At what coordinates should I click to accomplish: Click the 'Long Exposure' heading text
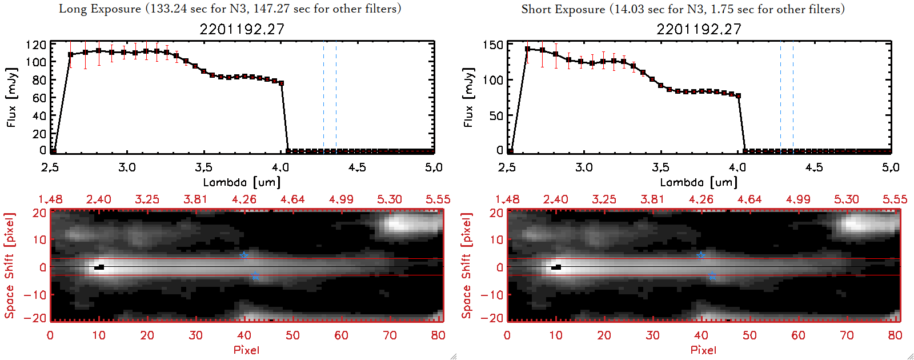(x=100, y=9)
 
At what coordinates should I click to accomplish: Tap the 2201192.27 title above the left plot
(x=242, y=29)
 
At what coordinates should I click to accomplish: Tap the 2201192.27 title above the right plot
(x=699, y=29)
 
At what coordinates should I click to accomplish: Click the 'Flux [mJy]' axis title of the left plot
(x=11, y=97)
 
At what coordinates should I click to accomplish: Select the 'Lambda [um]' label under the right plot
(x=699, y=182)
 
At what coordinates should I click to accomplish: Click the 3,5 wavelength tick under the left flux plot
(x=203, y=167)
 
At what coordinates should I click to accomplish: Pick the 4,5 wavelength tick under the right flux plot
(x=814, y=167)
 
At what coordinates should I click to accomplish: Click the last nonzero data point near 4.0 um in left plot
(x=281, y=83)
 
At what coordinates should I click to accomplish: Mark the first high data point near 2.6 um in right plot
(x=527, y=49)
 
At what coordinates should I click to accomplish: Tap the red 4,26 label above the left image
(x=244, y=199)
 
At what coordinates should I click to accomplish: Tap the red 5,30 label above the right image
(x=847, y=199)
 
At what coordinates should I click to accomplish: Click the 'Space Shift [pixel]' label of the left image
(x=10, y=266)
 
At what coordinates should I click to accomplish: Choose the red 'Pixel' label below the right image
(x=703, y=350)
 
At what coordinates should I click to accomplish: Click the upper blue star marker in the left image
(x=244, y=255)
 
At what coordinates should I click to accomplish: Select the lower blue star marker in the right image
(x=712, y=277)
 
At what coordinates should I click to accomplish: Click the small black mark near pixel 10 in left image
(x=100, y=267)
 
